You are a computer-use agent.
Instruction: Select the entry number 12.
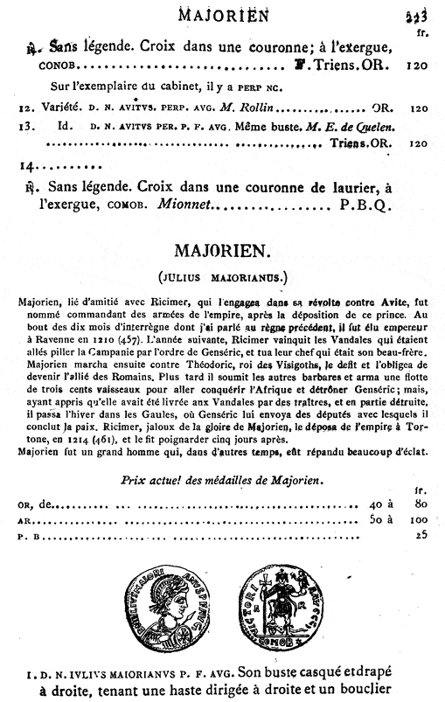25,109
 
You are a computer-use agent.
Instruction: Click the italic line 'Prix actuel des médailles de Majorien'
226,480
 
